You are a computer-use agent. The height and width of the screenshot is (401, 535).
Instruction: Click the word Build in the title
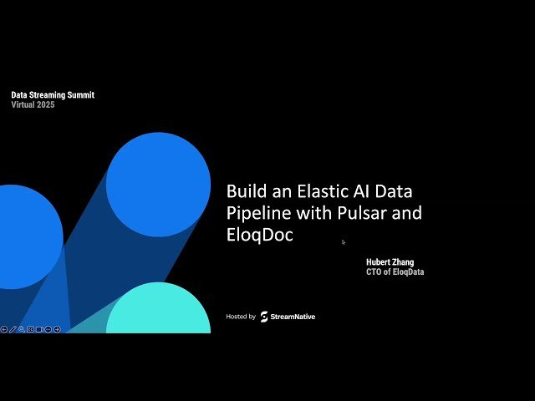[x=247, y=190]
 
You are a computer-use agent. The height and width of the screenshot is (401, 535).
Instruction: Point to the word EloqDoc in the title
[x=259, y=236]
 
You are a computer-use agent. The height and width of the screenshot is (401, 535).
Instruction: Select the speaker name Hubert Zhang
[x=390, y=262]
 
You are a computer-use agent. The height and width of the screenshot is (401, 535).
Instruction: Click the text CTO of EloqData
[x=395, y=272]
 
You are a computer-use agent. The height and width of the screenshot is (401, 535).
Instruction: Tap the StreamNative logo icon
[x=264, y=317]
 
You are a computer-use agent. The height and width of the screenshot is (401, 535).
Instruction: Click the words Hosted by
[x=241, y=317]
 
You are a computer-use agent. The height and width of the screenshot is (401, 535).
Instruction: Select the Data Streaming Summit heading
[x=53, y=95]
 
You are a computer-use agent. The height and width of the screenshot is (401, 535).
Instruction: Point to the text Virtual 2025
[x=33, y=104]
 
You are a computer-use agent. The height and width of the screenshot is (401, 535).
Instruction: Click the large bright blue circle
[x=150, y=184]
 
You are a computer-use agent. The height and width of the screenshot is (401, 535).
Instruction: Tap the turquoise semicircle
[x=158, y=311]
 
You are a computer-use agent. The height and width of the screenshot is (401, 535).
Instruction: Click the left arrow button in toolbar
[x=4, y=329]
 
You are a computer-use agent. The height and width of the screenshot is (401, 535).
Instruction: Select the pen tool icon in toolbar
[x=13, y=329]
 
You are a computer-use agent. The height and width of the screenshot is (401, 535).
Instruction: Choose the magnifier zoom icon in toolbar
[x=21, y=329]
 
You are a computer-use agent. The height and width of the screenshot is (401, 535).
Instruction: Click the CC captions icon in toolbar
[x=30, y=329]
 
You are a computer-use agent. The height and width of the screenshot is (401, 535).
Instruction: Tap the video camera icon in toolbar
[x=39, y=329]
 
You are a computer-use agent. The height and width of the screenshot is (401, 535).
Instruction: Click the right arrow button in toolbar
[x=57, y=329]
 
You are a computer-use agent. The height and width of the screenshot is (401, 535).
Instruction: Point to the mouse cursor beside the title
[x=343, y=242]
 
